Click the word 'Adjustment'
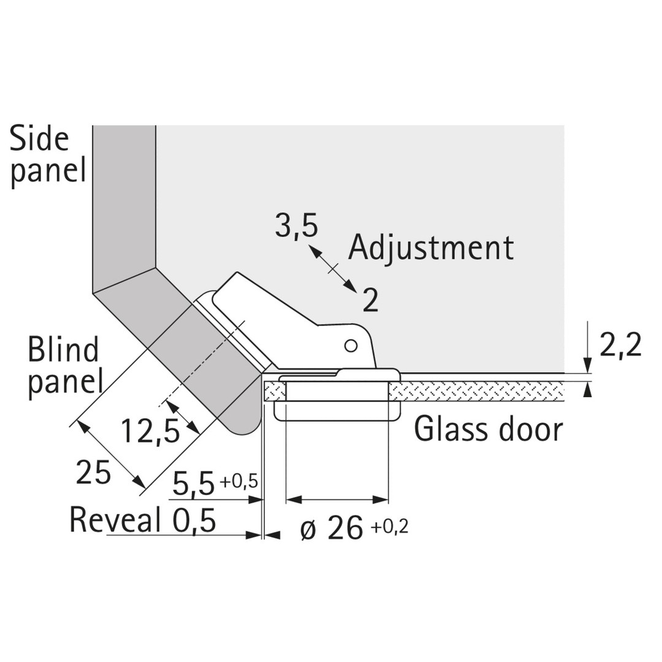pyautogui.click(x=431, y=248)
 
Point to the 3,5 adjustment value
pyautogui.click(x=296, y=226)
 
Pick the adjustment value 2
pyautogui.click(x=370, y=300)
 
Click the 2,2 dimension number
pyautogui.click(x=620, y=346)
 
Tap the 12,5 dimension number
pyautogui.click(x=150, y=431)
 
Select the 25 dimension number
pyautogui.click(x=93, y=473)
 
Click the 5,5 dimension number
pyautogui.click(x=194, y=484)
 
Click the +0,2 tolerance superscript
pyautogui.click(x=389, y=526)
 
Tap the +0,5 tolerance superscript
pyautogui.click(x=238, y=481)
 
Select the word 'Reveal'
pyautogui.click(x=115, y=520)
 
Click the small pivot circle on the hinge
pyautogui.click(x=351, y=346)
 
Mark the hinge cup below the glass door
pyautogui.click(x=337, y=410)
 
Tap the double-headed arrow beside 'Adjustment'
pyautogui.click(x=332, y=268)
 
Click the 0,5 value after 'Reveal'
pyautogui.click(x=194, y=521)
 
